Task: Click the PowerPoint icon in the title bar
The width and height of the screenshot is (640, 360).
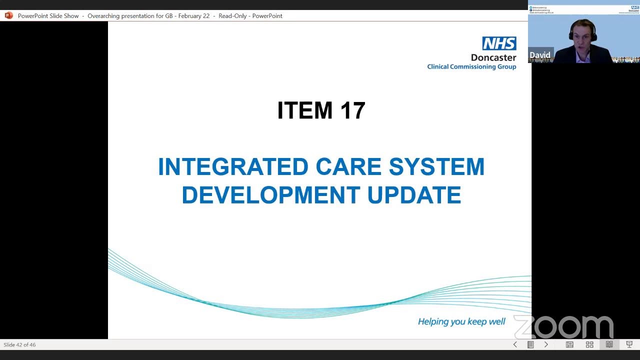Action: pyautogui.click(x=8, y=15)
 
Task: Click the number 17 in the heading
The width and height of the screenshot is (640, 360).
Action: pyautogui.click(x=352, y=110)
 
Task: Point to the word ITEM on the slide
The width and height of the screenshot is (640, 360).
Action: pyautogui.click(x=305, y=110)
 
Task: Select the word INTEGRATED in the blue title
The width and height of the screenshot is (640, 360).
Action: pyautogui.click(x=232, y=167)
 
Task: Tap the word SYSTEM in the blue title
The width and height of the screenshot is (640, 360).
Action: pyautogui.click(x=436, y=167)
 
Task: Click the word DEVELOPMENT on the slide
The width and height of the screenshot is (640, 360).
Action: pyautogui.click(x=270, y=195)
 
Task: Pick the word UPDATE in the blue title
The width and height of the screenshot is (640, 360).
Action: pyautogui.click(x=414, y=195)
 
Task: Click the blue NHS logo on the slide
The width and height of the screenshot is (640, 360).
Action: pyautogui.click(x=499, y=43)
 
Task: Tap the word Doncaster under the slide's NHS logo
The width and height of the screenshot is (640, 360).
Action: pyautogui.click(x=493, y=57)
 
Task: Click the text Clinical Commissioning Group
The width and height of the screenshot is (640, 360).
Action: pyautogui.click(x=471, y=67)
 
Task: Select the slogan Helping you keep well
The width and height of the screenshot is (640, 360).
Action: pyautogui.click(x=461, y=321)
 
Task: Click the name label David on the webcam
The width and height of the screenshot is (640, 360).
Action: pyautogui.click(x=540, y=55)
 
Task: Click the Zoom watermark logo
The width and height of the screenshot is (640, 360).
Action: pyautogui.click(x=563, y=327)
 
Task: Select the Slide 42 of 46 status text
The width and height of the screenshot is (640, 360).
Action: pyautogui.click(x=19, y=344)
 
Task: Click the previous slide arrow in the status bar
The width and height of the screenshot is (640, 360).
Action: pyautogui.click(x=515, y=344)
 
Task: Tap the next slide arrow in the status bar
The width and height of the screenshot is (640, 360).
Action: pyautogui.click(x=546, y=344)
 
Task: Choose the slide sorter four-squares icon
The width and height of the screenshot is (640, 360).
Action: pyautogui.click(x=589, y=344)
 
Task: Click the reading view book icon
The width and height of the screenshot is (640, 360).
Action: pyautogui.click(x=609, y=344)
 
